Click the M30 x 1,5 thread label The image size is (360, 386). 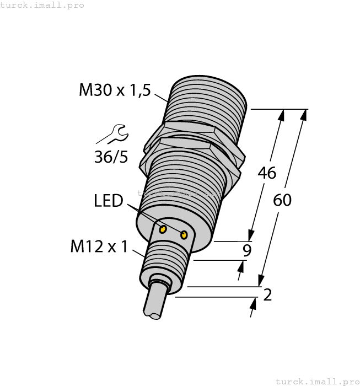pos(115,90)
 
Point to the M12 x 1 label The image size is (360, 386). pos(99,247)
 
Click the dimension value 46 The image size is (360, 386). pos(267,173)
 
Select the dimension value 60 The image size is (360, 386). pos(282,200)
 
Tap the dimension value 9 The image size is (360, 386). pos(248,251)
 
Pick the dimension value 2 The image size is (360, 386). pos(267,295)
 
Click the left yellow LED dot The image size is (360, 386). pos(163,229)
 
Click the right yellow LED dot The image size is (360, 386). pos(184,235)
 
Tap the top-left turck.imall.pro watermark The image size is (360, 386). pos(42,5)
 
